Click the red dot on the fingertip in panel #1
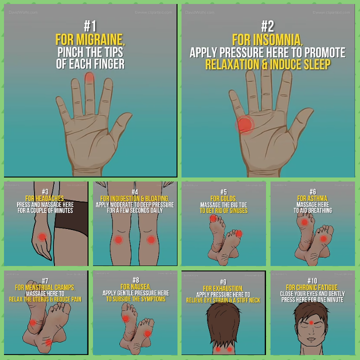89,77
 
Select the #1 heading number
90,26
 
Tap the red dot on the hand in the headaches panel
42,236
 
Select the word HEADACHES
49,198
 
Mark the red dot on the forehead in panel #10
312,323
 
